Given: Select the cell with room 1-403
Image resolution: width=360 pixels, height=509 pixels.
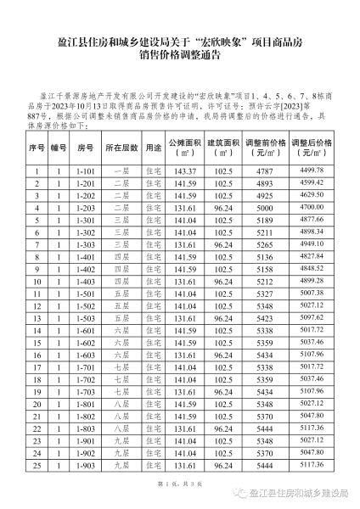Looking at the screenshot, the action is point(86,305).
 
